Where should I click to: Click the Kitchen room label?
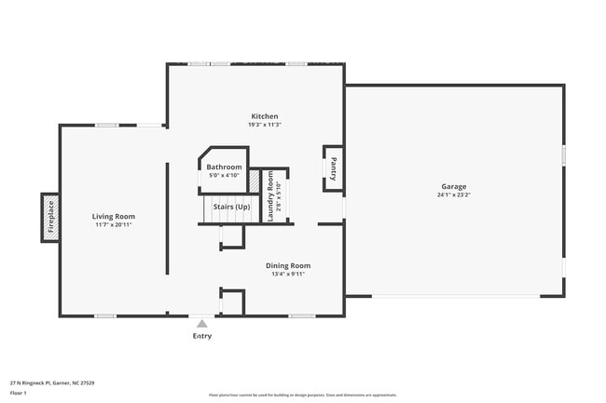pyautogui.click(x=264, y=116)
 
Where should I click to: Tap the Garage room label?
pyautogui.click(x=454, y=187)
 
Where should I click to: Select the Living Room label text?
pyautogui.click(x=114, y=216)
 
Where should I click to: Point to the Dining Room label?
pyautogui.click(x=288, y=265)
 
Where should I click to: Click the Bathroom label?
pyautogui.click(x=224, y=167)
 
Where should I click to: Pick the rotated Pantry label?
pyautogui.click(x=333, y=168)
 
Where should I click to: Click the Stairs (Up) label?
pyautogui.click(x=231, y=206)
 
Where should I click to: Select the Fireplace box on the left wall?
pyautogui.click(x=50, y=218)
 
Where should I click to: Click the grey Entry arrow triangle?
pyautogui.click(x=201, y=324)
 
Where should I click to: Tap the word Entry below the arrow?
pyautogui.click(x=201, y=336)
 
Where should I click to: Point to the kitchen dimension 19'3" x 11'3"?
pyautogui.click(x=264, y=125)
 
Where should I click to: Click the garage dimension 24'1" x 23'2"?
pyautogui.click(x=454, y=195)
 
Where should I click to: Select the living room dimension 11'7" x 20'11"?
pyautogui.click(x=114, y=224)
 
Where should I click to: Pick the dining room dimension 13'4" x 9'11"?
pyautogui.click(x=288, y=274)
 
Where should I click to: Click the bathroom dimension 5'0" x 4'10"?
pyautogui.click(x=224, y=175)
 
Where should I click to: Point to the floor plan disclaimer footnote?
pyautogui.click(x=303, y=395)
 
